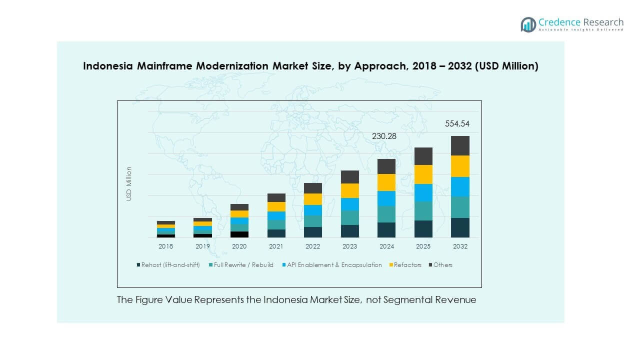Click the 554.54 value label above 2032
[x=457, y=124]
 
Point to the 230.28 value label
[x=383, y=136]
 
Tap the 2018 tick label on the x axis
[x=165, y=246]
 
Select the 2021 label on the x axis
[x=276, y=246]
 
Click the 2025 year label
[x=423, y=246]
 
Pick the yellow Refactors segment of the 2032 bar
[x=460, y=166]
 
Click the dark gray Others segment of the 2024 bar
[x=386, y=166]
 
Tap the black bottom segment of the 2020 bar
[x=239, y=234]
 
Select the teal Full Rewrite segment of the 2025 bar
[x=423, y=211]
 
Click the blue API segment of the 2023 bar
[x=350, y=204]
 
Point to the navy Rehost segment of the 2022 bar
[x=313, y=232]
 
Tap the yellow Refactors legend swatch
[x=391, y=265]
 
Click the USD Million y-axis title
[x=129, y=184]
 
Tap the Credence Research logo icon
[x=528, y=24]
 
